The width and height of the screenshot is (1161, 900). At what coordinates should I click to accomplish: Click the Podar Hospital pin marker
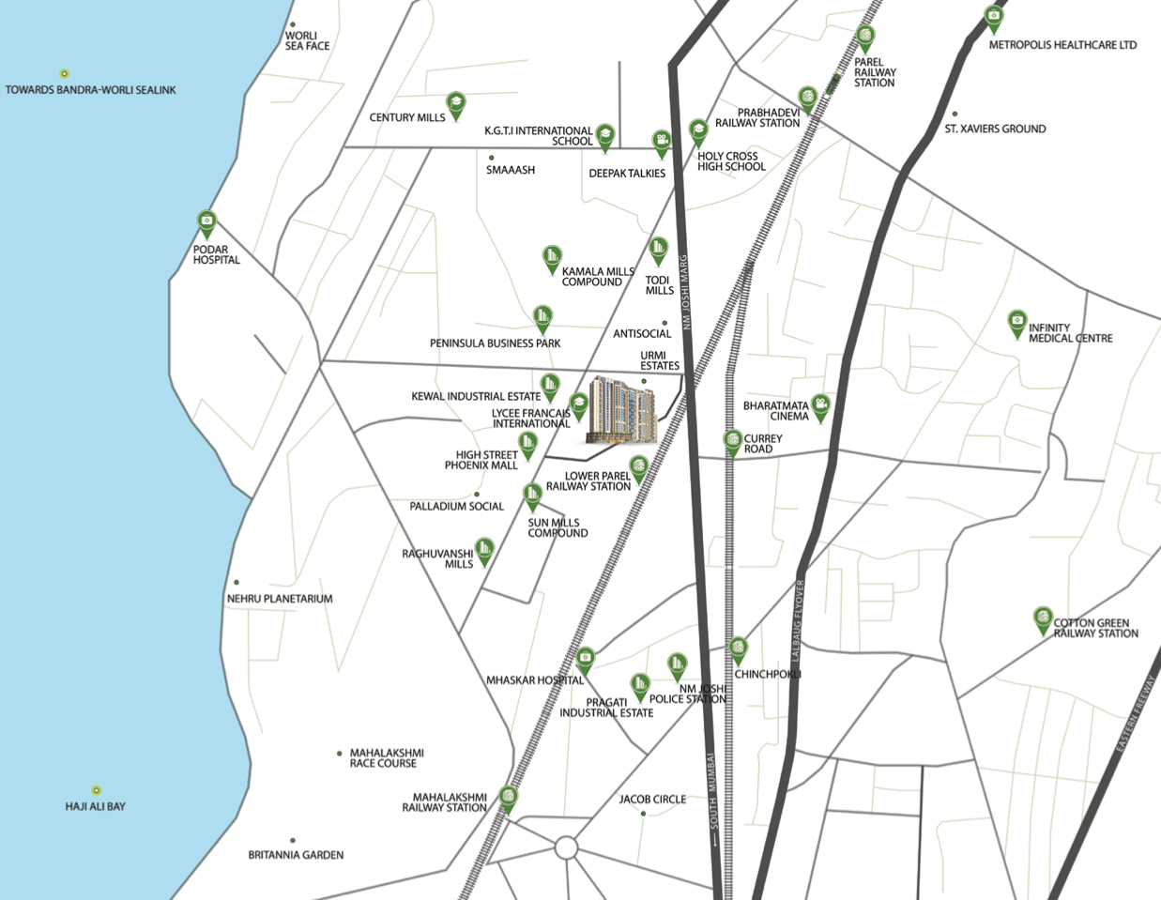(x=206, y=224)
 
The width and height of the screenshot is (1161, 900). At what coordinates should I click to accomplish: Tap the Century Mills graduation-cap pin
(x=455, y=104)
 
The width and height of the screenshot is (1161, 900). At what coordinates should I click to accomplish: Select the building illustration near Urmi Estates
(x=621, y=409)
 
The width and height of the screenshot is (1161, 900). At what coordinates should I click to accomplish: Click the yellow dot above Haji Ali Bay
(x=96, y=790)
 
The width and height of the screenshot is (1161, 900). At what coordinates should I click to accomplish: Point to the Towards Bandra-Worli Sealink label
(x=90, y=90)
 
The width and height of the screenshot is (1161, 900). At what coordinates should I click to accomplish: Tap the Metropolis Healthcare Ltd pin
(x=993, y=17)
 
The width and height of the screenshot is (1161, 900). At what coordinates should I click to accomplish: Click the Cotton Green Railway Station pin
(x=1042, y=618)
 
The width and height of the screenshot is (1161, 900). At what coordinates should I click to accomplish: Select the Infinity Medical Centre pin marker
(x=1016, y=323)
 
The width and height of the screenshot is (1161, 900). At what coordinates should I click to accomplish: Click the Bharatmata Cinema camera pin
(x=820, y=406)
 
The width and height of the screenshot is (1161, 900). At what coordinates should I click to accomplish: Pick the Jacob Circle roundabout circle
(x=566, y=848)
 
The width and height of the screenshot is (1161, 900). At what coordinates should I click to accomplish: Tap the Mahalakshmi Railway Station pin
(x=508, y=798)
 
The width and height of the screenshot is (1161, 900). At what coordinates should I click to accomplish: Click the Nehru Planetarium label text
(x=280, y=599)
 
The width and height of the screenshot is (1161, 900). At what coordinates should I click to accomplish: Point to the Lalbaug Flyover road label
(x=800, y=620)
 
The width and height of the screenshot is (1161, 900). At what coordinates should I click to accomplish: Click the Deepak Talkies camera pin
(x=662, y=143)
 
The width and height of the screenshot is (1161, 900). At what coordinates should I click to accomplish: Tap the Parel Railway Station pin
(x=864, y=38)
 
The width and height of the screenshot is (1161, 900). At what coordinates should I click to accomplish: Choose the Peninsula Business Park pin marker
(x=542, y=317)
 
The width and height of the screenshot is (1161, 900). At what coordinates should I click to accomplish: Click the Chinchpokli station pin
(x=739, y=648)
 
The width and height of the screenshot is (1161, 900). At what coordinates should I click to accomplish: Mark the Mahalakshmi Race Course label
(x=387, y=758)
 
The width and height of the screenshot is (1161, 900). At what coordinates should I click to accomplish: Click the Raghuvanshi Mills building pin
(x=484, y=550)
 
